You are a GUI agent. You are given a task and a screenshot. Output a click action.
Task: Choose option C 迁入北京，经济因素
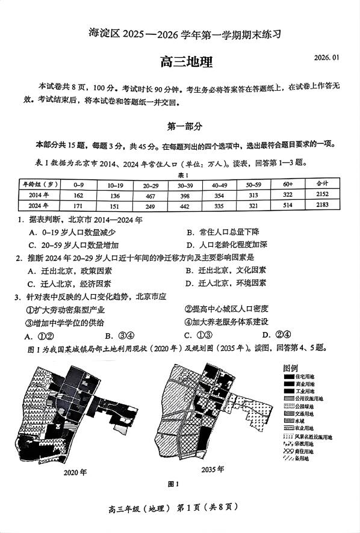pos(69,283)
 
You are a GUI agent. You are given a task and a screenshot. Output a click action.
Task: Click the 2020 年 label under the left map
pos(76,472)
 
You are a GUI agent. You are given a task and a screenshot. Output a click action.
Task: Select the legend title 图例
pos(290,368)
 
